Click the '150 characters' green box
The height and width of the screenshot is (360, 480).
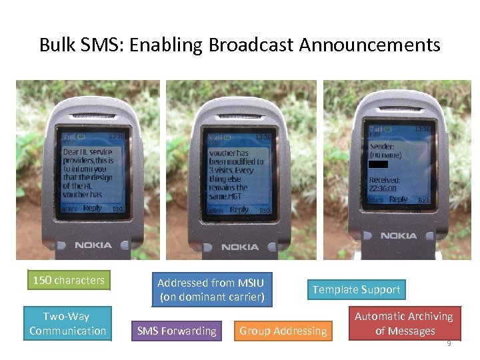point(69,281)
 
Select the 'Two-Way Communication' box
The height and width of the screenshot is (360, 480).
point(67,323)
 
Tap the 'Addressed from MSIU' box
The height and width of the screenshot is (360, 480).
point(212,290)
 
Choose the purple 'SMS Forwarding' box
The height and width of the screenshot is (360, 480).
point(177,331)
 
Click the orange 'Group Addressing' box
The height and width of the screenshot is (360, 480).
point(283,331)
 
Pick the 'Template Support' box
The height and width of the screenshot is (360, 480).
point(357,289)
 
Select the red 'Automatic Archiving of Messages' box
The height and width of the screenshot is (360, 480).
point(404,323)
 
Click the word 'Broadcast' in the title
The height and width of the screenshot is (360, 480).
point(251,45)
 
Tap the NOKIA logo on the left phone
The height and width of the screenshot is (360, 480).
point(93,245)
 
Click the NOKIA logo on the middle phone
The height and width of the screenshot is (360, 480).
point(240,247)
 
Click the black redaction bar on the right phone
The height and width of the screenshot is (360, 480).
point(378,164)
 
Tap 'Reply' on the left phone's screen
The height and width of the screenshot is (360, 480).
point(93,208)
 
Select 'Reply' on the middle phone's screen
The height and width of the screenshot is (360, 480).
point(239,209)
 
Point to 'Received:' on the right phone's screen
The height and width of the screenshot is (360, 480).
point(385,180)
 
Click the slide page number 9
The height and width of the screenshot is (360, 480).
point(449,343)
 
